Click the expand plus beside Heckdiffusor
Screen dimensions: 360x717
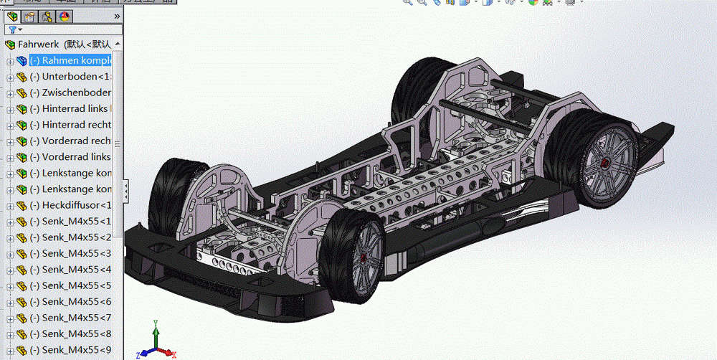(x=10, y=206)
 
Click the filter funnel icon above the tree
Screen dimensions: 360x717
(x=12, y=29)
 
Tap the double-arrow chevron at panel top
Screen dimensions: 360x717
(x=117, y=16)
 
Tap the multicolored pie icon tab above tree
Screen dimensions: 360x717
(x=64, y=16)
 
